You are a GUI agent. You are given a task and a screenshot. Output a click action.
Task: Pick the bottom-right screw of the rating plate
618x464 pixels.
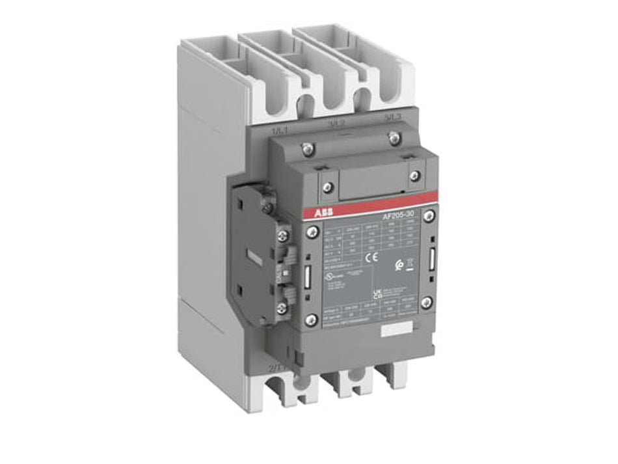pos(426,301)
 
